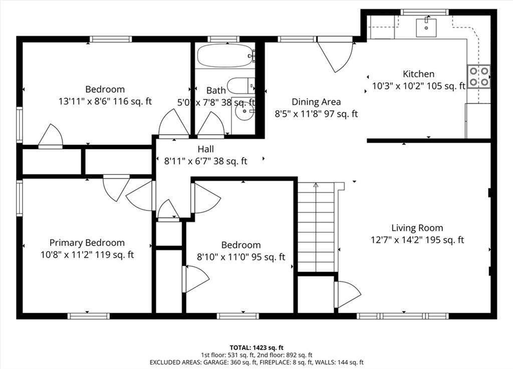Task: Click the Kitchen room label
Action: (418, 74)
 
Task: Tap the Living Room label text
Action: (417, 228)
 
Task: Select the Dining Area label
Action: (316, 102)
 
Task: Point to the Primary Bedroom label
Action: (87, 243)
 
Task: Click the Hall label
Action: (206, 149)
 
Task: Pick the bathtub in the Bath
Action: (226, 55)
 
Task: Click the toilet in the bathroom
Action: (241, 86)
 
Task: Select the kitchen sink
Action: (426, 28)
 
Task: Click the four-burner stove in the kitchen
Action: (478, 76)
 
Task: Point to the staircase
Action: (316, 227)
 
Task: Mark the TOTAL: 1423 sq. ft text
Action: (256, 348)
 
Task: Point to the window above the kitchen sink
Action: (425, 12)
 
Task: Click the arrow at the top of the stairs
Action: (316, 185)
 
